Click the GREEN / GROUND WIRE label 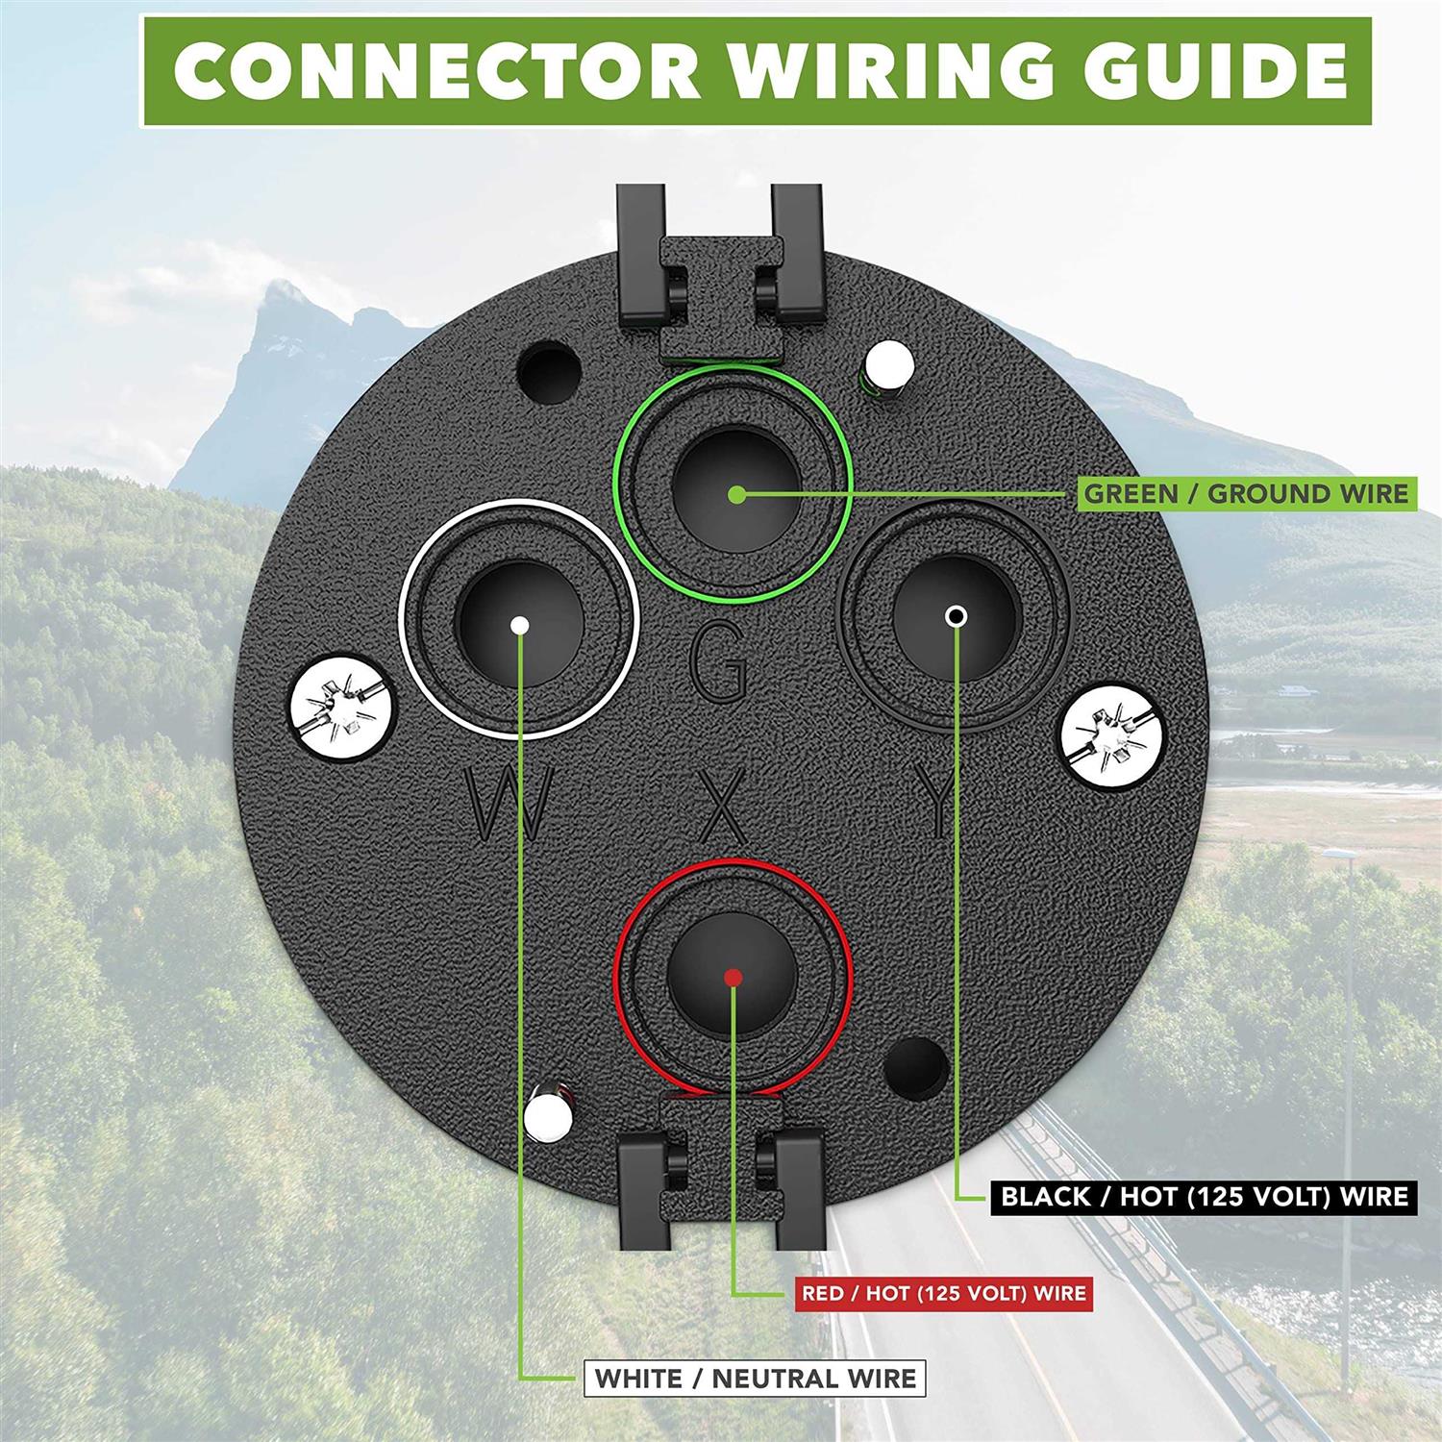[1246, 494]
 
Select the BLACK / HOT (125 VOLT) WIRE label [1205, 1196]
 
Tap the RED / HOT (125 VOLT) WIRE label [944, 1293]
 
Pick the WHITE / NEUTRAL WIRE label [755, 1379]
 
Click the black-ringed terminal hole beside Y [954, 615]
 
